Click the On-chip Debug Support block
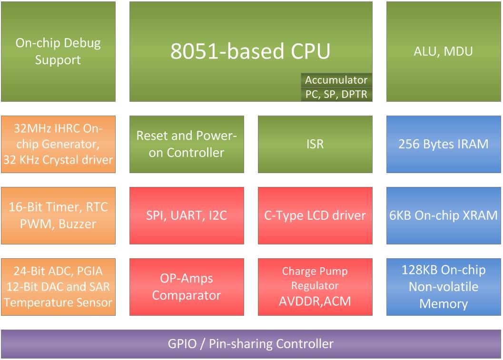(x=58, y=51)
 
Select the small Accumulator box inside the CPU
(x=336, y=80)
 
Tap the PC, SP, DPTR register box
(x=336, y=94)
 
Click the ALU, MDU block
(x=444, y=51)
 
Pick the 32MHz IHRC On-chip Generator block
(x=58, y=144)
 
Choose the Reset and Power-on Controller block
(x=187, y=144)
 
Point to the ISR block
(x=315, y=144)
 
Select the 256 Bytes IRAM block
(x=444, y=144)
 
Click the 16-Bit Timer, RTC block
(x=58, y=215)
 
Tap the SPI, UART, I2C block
(x=187, y=215)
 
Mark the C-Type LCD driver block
(x=315, y=215)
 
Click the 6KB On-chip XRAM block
(x=444, y=215)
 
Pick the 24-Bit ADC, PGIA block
(x=58, y=287)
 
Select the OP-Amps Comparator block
(x=187, y=287)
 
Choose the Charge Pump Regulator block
(x=315, y=278)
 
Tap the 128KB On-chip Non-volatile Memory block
(x=444, y=287)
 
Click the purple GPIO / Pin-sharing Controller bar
(x=251, y=344)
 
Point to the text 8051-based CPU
(x=250, y=51)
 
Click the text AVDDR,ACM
(x=315, y=301)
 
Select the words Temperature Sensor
(x=58, y=302)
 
